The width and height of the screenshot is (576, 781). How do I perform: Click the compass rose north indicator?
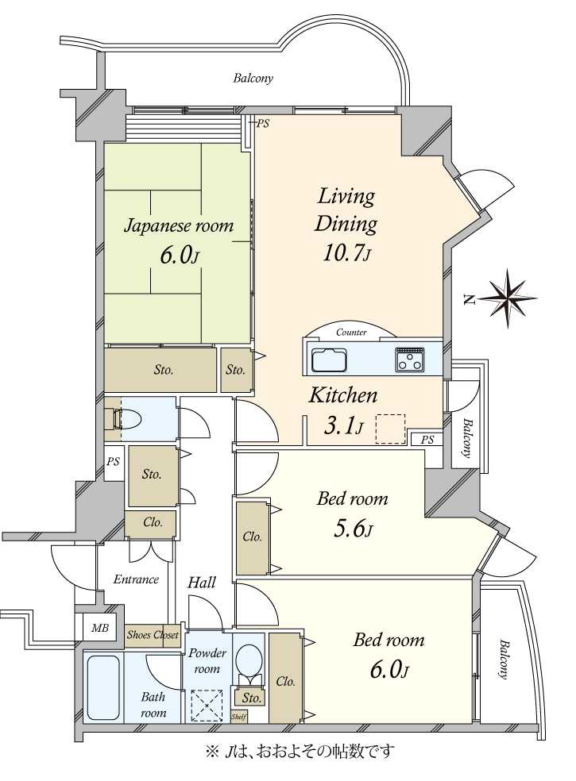coord(505,298)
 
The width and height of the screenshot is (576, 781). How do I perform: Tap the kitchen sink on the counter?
coord(329,360)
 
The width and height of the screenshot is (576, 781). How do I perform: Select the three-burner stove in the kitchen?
coord(410,360)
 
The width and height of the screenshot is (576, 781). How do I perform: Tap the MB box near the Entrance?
coord(99,628)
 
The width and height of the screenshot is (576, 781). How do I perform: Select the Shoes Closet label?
coord(153,635)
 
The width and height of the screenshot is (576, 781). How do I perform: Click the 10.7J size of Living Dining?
coord(347,252)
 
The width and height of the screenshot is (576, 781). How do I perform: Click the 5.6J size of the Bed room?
coord(352,528)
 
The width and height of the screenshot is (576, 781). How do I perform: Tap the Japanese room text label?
coord(179,226)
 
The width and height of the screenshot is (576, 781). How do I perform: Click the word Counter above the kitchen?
coord(351,333)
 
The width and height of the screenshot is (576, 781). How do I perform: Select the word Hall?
coord(202,583)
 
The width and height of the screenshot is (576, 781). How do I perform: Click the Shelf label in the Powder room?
coord(238,716)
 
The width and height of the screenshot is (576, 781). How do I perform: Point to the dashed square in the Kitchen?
coord(390,429)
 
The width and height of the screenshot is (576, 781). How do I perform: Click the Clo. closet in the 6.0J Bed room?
coord(285,681)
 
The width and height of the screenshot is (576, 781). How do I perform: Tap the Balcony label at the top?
coord(253,78)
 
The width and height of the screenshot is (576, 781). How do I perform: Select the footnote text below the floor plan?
coord(299,750)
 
